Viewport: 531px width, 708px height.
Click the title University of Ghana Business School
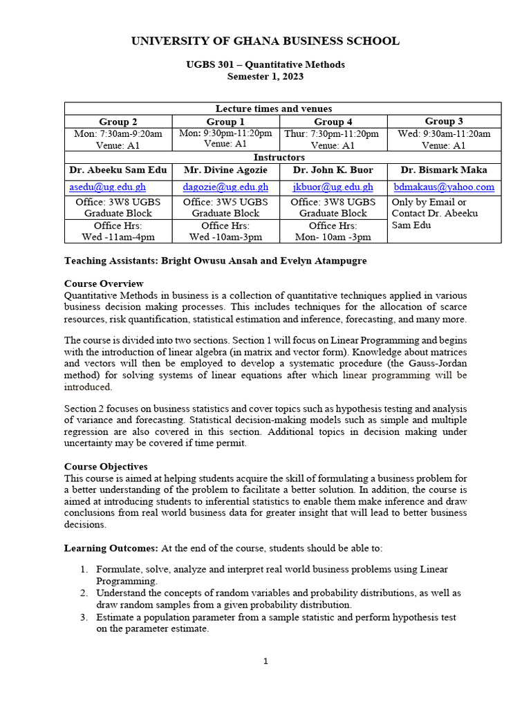click(265, 41)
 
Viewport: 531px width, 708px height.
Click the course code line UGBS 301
click(265, 64)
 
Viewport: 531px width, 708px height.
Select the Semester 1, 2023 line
click(265, 76)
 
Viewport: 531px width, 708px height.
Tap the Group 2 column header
click(118, 122)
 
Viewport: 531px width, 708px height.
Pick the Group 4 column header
click(333, 122)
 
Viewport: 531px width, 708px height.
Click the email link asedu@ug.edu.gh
click(107, 187)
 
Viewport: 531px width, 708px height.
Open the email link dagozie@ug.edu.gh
click(225, 187)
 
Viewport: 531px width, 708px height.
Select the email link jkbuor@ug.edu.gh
click(333, 187)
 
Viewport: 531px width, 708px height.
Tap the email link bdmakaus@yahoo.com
click(444, 187)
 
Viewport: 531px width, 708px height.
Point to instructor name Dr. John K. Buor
click(333, 169)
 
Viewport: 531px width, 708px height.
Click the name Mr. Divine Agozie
click(225, 169)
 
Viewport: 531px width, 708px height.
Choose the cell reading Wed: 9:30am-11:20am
click(444, 133)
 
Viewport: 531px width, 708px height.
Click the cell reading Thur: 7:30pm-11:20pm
click(333, 133)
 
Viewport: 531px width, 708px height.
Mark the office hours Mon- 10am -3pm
click(333, 236)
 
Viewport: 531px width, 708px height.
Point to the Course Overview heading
click(104, 283)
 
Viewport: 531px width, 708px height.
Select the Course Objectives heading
click(106, 467)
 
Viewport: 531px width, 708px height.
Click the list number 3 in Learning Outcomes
click(82, 617)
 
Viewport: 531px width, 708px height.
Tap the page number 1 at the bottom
click(265, 662)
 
